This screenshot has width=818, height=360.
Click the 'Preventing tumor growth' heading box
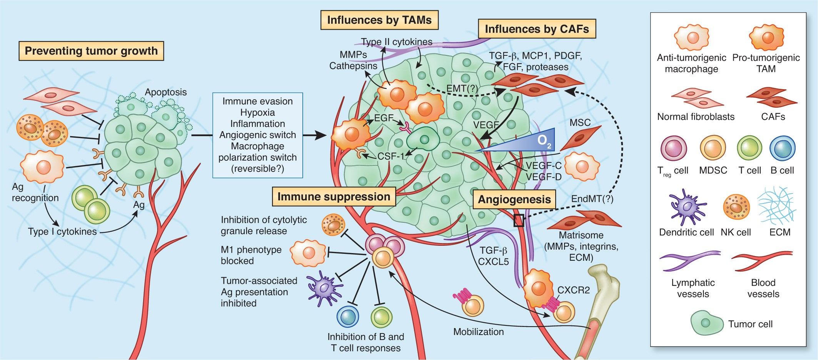tap(91, 51)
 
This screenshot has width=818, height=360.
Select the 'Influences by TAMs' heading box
tap(379, 20)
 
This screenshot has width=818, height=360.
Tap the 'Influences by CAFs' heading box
tap(537, 29)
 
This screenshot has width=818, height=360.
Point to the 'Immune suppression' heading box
tap(334, 197)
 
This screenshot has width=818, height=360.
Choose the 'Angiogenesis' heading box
tap(514, 199)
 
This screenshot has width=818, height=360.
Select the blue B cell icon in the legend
tap(782, 148)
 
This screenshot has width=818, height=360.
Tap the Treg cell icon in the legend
tap(674, 148)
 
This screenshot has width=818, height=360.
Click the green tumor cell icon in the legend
tap(707, 322)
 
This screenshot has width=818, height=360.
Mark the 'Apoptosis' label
tap(166, 92)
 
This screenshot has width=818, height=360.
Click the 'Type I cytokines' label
tap(62, 232)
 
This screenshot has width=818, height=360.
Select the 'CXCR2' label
tap(573, 290)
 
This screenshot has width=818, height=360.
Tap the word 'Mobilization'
tap(478, 332)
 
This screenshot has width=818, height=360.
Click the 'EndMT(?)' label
tap(592, 199)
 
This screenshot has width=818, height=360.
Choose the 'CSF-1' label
tap(391, 156)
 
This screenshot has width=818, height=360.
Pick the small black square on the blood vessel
tap(519, 220)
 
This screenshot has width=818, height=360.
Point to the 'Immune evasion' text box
tap(258, 135)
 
